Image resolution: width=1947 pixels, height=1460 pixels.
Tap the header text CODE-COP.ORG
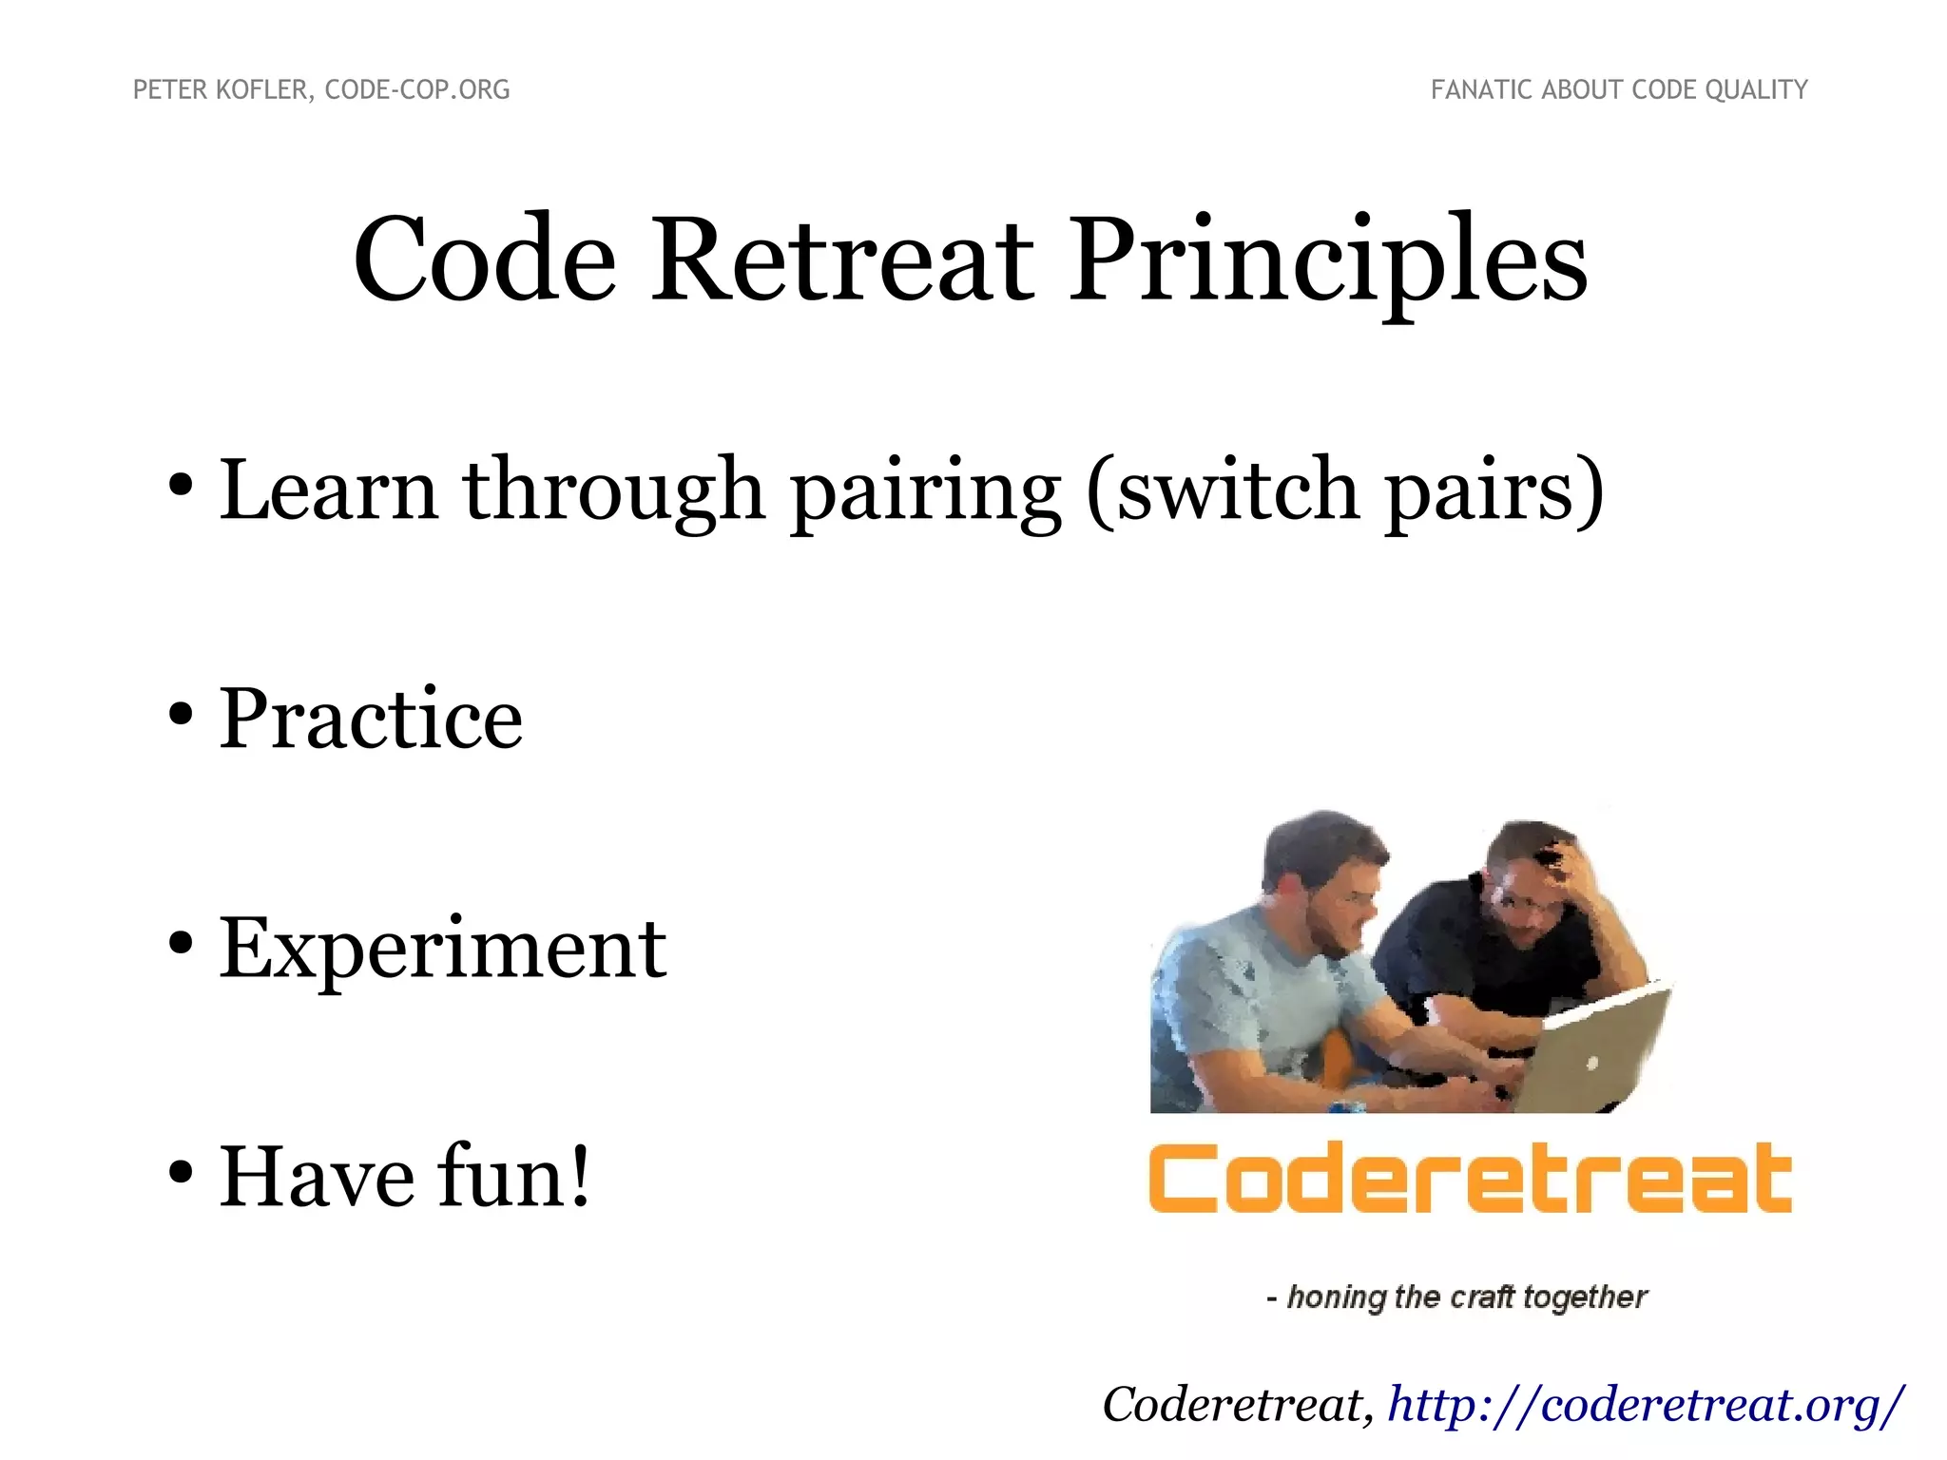(417, 89)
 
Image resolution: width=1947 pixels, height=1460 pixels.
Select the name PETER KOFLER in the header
(221, 89)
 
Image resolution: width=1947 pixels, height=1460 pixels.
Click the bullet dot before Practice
(181, 716)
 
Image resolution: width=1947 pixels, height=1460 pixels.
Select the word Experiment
(443, 948)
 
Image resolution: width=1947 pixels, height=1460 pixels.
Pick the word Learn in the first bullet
(328, 490)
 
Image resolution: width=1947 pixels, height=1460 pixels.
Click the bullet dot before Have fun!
(181, 1174)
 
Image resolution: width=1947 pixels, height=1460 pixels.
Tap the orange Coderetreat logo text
(1470, 1179)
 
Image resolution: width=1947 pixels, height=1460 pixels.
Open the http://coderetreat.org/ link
(1645, 1405)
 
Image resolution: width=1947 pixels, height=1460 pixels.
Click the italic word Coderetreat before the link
(1236, 1405)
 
